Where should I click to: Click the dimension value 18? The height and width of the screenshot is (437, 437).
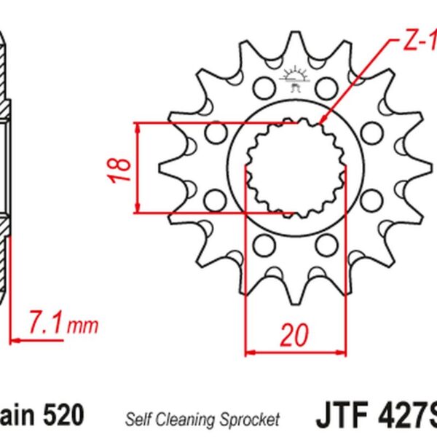(x=123, y=168)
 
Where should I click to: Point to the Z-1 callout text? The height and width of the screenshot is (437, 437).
(x=418, y=44)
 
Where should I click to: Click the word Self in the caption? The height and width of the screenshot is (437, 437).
(x=138, y=419)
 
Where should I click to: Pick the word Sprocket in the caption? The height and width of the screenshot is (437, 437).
(x=251, y=419)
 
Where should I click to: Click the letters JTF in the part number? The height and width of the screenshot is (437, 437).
(x=342, y=417)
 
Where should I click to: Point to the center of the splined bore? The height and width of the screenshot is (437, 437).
(x=295, y=168)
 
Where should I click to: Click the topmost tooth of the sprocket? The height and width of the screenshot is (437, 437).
(x=294, y=40)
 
